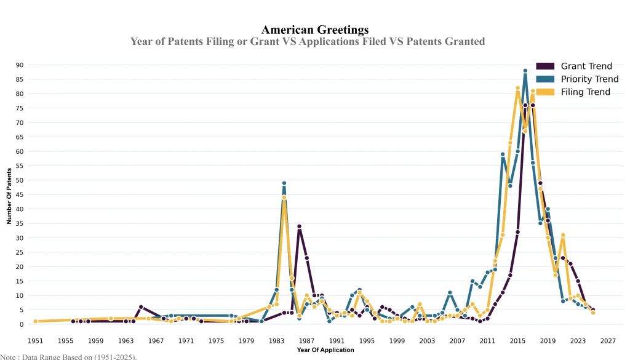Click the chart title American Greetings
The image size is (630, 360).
coord(315,30)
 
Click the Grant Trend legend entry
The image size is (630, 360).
coord(585,66)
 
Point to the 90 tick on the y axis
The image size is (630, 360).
coord(20,65)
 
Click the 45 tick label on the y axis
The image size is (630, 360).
coord(20,194)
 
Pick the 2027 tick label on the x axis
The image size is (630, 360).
coord(608,340)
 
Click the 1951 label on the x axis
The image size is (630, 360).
coord(36,340)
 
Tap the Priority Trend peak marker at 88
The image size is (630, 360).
coord(525,71)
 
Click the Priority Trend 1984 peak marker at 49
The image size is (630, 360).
coord(284,183)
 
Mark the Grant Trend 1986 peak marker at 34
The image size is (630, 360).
coord(299,226)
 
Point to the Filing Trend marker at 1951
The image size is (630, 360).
coord(36,321)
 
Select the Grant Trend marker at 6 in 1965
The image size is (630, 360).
coord(141,307)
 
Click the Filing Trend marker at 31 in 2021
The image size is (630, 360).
coord(563,235)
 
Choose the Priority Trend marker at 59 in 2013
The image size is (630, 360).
coord(503,154)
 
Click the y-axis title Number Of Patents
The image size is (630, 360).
coord(9,194)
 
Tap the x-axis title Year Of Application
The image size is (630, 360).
coord(325,350)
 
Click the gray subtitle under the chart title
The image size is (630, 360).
coord(308,41)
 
